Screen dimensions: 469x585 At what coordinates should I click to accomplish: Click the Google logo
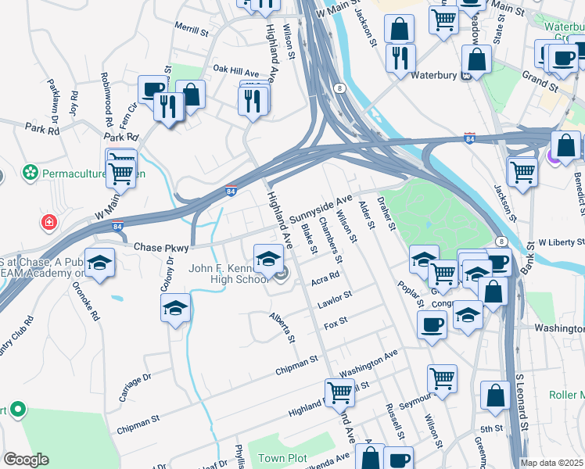point(26,460)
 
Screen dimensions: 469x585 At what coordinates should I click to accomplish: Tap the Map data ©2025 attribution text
point(552,463)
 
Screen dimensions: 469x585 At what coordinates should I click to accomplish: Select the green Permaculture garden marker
point(31,170)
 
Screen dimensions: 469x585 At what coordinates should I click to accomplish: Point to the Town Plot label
point(281,457)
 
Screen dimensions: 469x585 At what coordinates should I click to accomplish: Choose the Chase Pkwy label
point(162,248)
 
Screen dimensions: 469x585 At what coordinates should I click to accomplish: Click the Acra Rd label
point(325,277)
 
